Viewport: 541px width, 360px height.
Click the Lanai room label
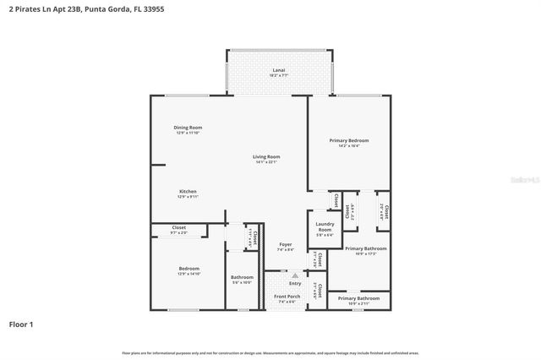278,69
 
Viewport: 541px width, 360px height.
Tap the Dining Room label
189,128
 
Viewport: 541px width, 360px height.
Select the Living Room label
266,156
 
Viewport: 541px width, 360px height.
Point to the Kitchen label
188,192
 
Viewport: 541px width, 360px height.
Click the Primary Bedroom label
349,139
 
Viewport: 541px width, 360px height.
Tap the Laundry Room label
325,227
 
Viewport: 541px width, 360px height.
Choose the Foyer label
286,244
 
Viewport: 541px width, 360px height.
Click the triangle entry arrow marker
294,275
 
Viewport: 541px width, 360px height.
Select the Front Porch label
287,297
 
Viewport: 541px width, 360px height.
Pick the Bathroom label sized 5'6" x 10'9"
242,277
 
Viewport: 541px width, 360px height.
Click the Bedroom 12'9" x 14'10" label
189,269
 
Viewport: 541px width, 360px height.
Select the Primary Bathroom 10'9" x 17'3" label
366,248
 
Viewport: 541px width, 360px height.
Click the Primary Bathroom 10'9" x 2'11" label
358,298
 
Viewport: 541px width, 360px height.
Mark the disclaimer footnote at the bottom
270,352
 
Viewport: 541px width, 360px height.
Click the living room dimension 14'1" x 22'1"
266,161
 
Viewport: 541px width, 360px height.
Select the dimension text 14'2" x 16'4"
349,145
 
